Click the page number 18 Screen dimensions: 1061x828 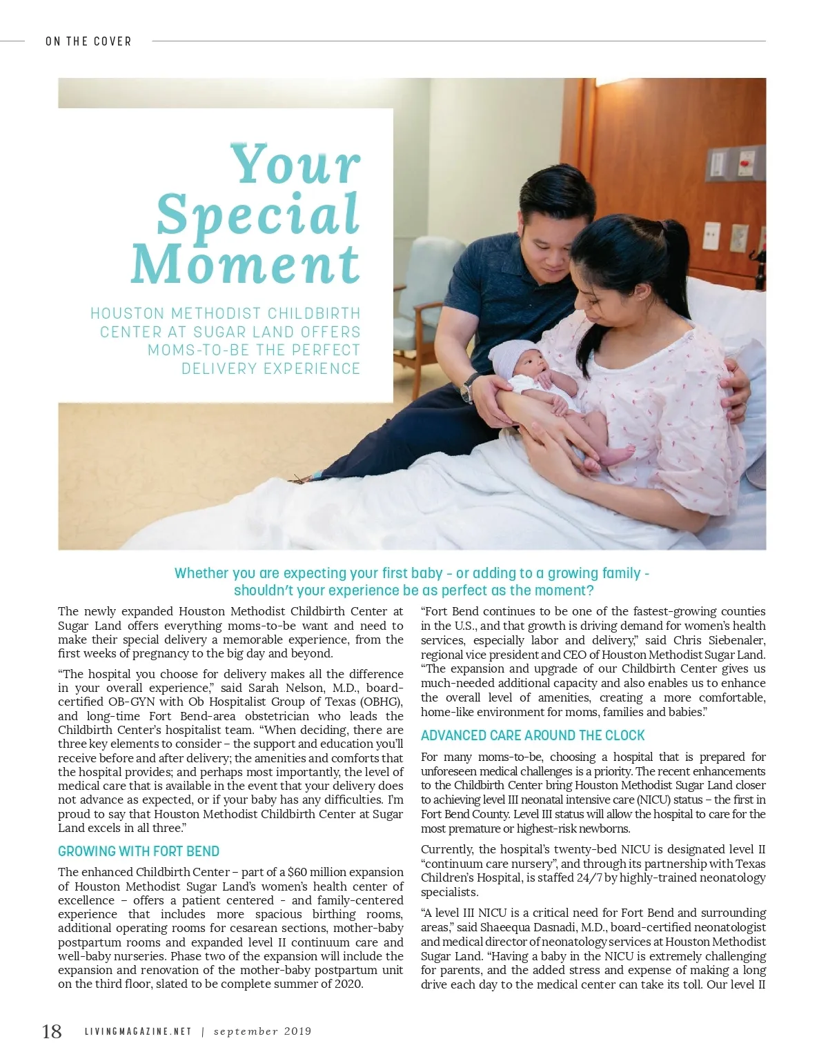[52, 1031]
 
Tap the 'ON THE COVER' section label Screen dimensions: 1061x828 [88, 41]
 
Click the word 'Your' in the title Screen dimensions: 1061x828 [295, 164]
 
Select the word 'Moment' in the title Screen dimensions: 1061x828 [246, 264]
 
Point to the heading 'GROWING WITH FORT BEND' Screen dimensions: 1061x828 [139, 851]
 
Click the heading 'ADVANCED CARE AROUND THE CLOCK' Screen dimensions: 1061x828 [533, 735]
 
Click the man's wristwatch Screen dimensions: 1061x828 [468, 388]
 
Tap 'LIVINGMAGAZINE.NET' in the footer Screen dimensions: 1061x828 [138, 1032]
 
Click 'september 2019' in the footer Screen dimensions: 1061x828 [262, 1032]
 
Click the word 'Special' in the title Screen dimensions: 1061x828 [258, 215]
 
